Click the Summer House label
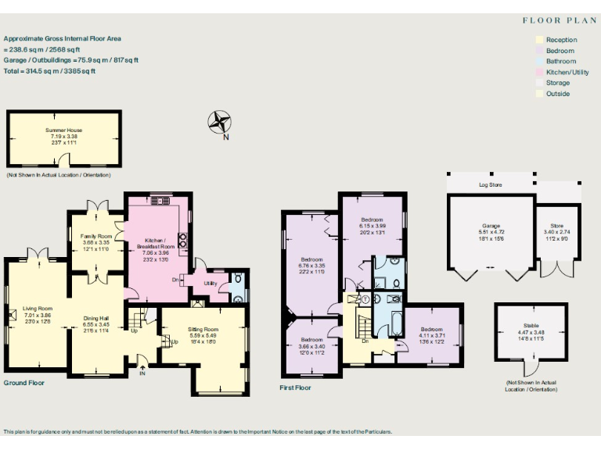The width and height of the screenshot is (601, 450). tap(64, 130)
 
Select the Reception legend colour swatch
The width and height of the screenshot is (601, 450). tap(538, 40)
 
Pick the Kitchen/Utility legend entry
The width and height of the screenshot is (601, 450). tap(567, 72)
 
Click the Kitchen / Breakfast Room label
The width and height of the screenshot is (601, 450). tap(157, 244)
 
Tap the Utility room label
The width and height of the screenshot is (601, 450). tap(210, 284)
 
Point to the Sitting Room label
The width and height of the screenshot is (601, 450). tap(203, 330)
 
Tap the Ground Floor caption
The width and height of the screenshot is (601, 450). tap(24, 383)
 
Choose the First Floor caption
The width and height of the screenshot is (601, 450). tap(296, 387)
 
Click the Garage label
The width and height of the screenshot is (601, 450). tap(491, 227)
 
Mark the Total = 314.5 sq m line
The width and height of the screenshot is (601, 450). tap(50, 71)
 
